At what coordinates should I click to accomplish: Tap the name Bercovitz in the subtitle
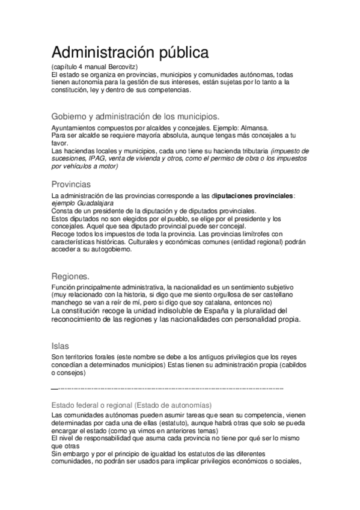click(123, 66)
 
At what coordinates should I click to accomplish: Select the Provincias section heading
click(72, 183)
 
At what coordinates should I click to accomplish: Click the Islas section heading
click(61, 346)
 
